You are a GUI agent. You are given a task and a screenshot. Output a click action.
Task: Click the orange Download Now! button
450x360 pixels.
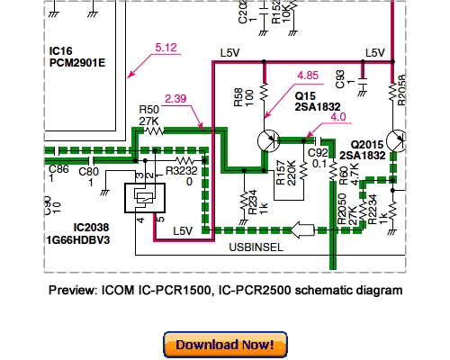click(225, 345)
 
